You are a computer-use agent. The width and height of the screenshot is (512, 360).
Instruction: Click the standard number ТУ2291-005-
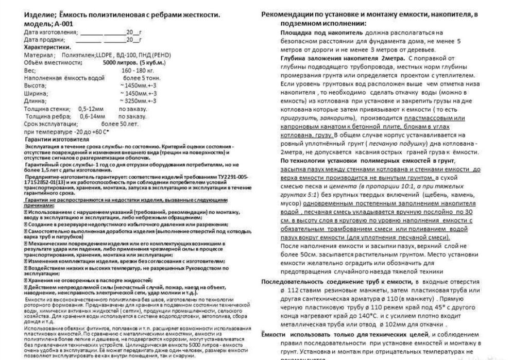click(x=224, y=177)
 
